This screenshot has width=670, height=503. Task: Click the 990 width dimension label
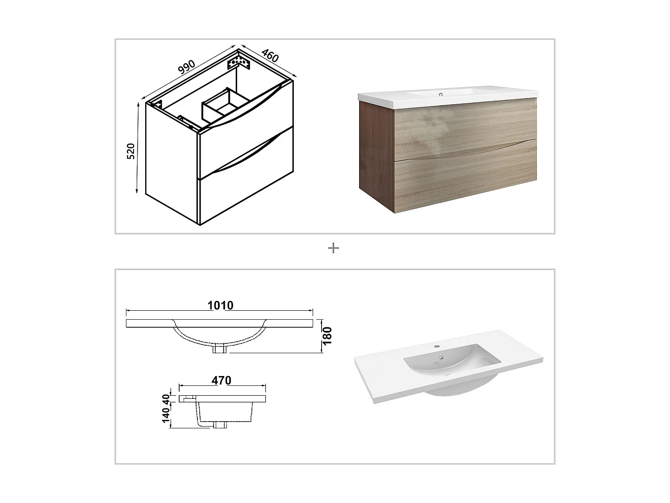(x=186, y=67)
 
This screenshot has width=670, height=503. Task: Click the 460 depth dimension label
(x=270, y=55)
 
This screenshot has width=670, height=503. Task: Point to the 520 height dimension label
(x=131, y=151)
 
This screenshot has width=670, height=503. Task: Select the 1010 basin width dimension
(x=220, y=305)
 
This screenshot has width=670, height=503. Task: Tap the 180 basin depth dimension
(x=327, y=336)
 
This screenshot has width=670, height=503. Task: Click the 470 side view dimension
(x=222, y=380)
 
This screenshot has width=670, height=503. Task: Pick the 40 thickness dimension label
(x=166, y=398)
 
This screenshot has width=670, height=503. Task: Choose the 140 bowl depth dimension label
(x=166, y=415)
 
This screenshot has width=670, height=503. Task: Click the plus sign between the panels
(x=333, y=248)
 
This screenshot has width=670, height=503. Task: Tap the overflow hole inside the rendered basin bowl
(x=441, y=358)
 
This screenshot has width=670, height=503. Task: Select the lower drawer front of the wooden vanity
(x=465, y=179)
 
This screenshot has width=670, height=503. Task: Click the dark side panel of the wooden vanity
(x=376, y=152)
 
